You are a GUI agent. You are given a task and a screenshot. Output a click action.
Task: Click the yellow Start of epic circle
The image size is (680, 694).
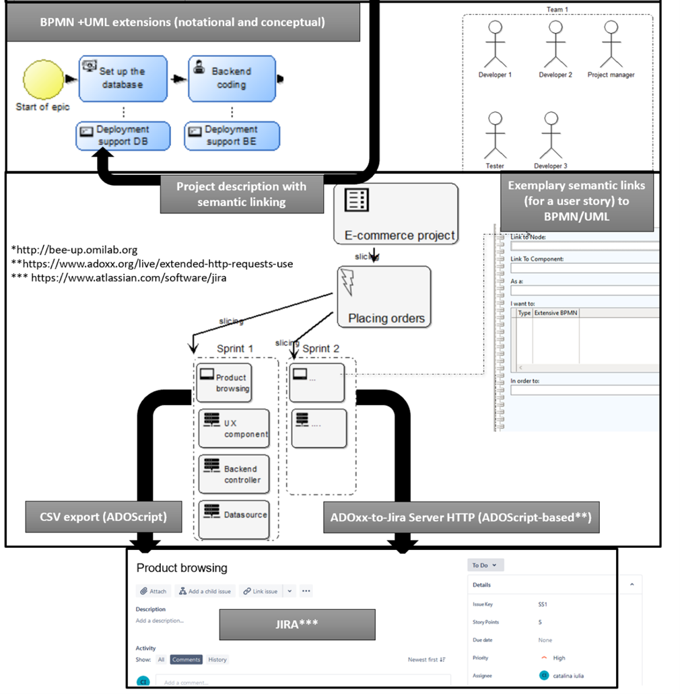[x=44, y=79]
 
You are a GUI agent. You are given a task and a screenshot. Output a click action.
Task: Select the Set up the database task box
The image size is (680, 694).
[x=123, y=78]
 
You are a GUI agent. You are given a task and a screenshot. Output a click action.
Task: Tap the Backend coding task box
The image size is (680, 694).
[x=232, y=78]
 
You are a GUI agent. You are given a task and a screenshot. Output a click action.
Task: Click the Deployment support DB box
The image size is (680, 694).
[x=123, y=136]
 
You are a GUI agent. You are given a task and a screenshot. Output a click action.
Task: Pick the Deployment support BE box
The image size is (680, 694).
[x=232, y=136]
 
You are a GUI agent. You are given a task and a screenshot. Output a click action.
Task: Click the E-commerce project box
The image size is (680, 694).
[x=396, y=214]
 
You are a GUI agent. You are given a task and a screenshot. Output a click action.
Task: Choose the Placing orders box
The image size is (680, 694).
[x=384, y=297]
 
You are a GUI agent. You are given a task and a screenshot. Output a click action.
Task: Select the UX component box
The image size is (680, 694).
[x=234, y=428]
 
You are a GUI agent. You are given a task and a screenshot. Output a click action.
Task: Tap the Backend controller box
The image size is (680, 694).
[x=234, y=474]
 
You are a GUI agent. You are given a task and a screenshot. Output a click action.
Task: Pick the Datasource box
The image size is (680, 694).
[x=234, y=518]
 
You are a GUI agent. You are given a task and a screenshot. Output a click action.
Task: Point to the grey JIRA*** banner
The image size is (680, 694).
[x=297, y=624]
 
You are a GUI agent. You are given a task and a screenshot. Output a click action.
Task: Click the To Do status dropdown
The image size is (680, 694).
[x=485, y=565]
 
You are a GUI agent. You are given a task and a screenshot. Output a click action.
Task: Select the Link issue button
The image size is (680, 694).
[x=261, y=591]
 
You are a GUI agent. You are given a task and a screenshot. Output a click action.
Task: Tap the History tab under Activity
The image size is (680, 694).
[x=217, y=660]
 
